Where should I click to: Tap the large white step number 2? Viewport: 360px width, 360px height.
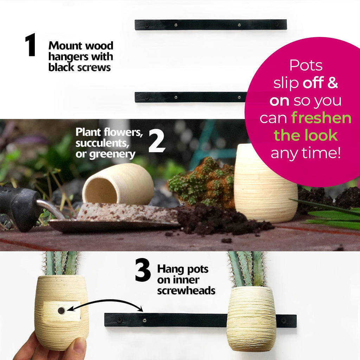157,141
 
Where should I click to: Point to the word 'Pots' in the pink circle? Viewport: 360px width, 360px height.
306,65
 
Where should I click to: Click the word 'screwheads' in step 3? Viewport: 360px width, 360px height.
186,291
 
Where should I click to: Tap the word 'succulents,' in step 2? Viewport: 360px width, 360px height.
102,143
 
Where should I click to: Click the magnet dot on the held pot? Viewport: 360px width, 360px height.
61,311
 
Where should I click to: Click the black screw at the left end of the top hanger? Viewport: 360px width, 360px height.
147,25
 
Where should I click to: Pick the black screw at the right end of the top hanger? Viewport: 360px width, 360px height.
277,24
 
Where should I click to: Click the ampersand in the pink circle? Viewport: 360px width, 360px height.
333,83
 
